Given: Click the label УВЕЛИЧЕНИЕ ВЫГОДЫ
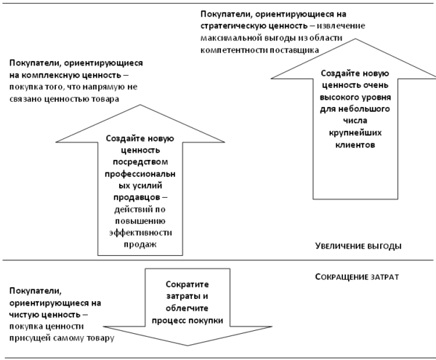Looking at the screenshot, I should pyautogui.click(x=358, y=246).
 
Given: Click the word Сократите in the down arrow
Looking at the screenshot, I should pyautogui.click(x=187, y=286).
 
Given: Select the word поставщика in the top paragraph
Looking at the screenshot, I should pyautogui.click(x=294, y=49).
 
